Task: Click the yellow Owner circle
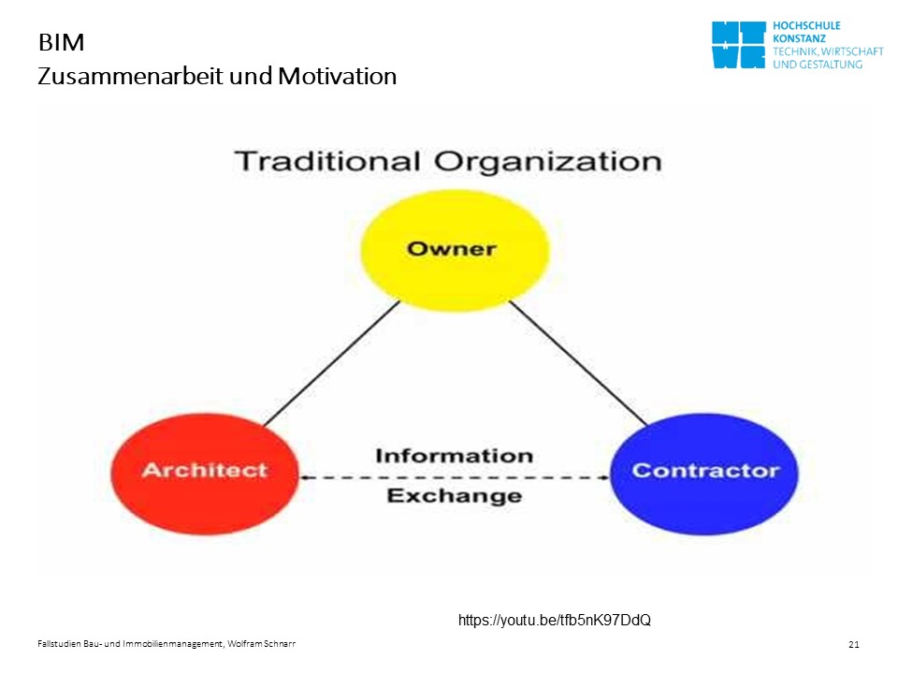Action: (455, 251)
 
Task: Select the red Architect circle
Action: (205, 474)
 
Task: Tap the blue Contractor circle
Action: (704, 474)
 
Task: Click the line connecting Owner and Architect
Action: (331, 364)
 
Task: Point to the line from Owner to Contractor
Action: (578, 363)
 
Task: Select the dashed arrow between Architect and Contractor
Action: (455, 476)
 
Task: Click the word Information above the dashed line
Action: (455, 456)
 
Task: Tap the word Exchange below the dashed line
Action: (455, 495)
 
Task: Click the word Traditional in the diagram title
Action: (327, 161)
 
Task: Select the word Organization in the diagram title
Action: (548, 162)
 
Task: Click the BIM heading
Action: (62, 42)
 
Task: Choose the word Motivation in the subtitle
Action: (338, 76)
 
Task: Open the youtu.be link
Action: (555, 620)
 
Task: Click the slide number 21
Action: (854, 644)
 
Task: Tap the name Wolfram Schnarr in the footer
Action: (262, 644)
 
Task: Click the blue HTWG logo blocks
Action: (739, 45)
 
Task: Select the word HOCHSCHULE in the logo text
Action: (806, 26)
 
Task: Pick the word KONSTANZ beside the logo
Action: (799, 39)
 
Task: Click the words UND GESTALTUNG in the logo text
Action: (818, 65)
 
